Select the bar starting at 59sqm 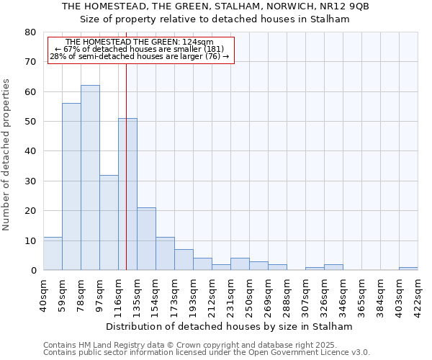pyautogui.click(x=71, y=186)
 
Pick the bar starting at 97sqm pyautogui.click(x=109, y=222)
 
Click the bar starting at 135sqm pyautogui.click(x=146, y=239)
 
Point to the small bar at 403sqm pyautogui.click(x=408, y=269)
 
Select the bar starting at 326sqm pyautogui.click(x=333, y=267)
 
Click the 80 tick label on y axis pyautogui.click(x=30, y=32)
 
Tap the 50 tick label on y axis pyautogui.click(x=30, y=122)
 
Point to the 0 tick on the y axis pyautogui.click(x=33, y=271)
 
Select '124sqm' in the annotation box pyautogui.click(x=198, y=42)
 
